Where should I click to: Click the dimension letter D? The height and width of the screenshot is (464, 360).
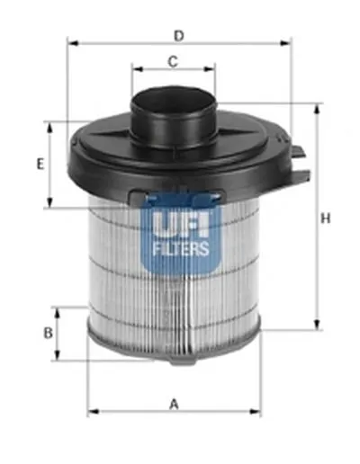tap(179, 35)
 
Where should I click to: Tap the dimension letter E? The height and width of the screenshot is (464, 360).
tap(40, 164)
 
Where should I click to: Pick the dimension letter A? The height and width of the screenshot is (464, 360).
tap(174, 404)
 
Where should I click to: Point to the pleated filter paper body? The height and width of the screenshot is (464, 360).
tap(126, 288)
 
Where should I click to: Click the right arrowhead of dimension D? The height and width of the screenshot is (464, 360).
tap(289, 42)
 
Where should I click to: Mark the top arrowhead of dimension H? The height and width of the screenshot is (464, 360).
tap(316, 108)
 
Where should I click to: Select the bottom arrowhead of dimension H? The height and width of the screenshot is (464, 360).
tap(316, 328)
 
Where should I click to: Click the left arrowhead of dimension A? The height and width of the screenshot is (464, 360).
tap(91, 413)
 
